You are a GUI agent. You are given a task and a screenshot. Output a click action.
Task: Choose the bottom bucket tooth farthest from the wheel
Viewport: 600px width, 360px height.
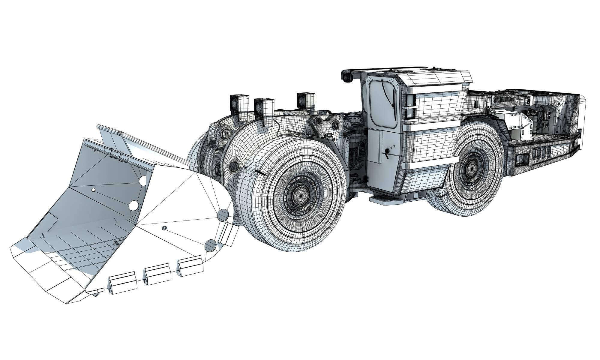pyautogui.click(x=123, y=282)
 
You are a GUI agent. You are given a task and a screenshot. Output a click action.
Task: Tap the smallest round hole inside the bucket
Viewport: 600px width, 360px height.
pyautogui.click(x=93, y=190)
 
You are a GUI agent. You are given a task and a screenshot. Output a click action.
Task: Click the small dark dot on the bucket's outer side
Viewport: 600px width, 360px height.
pyautogui.click(x=164, y=228)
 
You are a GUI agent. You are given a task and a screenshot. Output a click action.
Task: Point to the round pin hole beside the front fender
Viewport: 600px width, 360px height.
pyautogui.click(x=234, y=166)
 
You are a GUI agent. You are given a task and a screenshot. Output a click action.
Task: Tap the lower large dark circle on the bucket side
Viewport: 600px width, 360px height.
pyautogui.click(x=210, y=245)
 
